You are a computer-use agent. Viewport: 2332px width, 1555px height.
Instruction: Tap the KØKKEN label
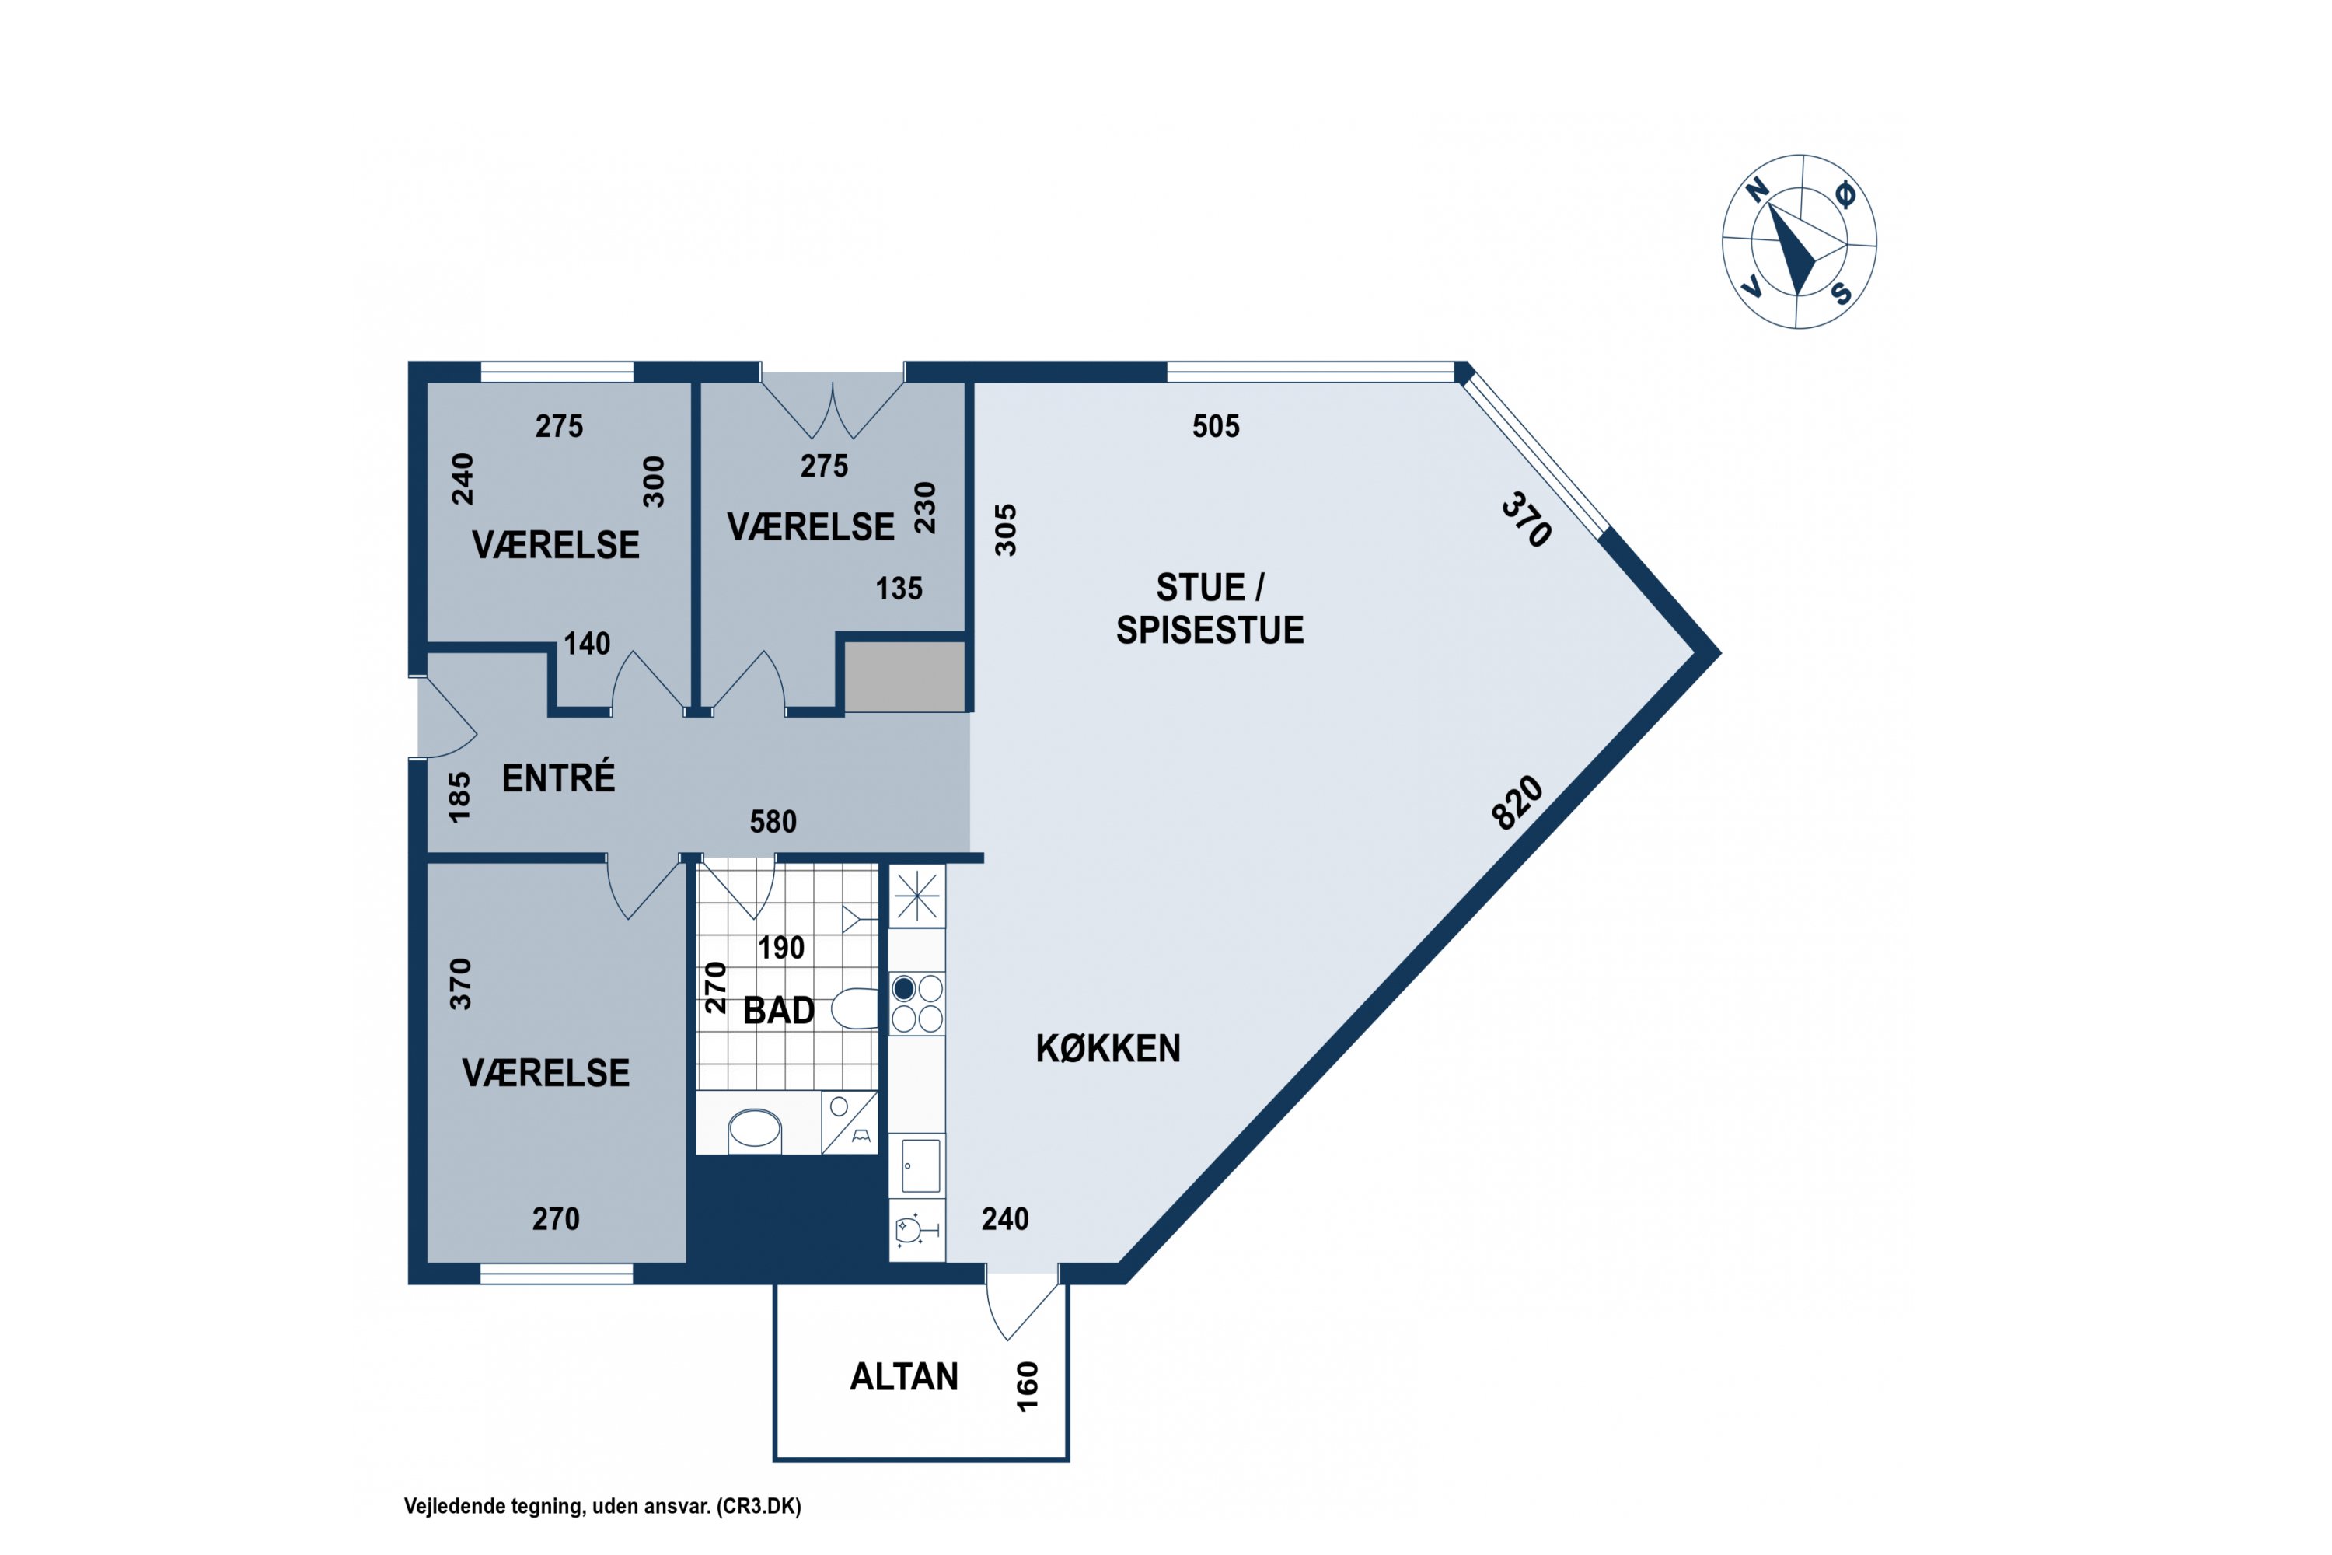pos(1108,1048)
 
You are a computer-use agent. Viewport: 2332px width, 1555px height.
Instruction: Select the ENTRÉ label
pos(558,778)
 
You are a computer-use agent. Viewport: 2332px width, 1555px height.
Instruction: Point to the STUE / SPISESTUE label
pos(1210,609)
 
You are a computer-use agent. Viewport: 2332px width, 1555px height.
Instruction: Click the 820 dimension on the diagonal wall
pos(1518,802)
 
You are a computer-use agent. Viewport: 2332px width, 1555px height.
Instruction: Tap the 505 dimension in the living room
pos(1216,426)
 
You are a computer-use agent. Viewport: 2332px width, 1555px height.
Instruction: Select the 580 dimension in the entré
pos(773,822)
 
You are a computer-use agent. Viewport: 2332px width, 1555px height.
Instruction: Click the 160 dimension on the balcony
pos(1027,1386)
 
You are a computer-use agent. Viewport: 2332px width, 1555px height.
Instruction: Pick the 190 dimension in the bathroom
pos(781,948)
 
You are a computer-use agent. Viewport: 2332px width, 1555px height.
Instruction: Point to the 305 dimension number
pos(1005,530)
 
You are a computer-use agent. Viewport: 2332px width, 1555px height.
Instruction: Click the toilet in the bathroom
pos(854,1009)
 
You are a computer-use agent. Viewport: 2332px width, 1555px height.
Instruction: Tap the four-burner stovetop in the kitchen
pos(917,1004)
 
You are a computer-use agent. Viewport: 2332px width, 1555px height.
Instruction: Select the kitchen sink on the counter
pos(920,1166)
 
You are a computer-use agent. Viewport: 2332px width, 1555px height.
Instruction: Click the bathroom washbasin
pos(755,1130)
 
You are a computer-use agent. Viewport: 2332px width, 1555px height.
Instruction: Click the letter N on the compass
pos(1757,190)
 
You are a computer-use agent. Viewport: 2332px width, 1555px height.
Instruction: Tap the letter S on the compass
pos(1842,294)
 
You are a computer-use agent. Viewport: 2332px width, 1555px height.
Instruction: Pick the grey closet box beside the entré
pos(904,676)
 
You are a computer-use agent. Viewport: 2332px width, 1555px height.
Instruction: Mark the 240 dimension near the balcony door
pos(1005,1220)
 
